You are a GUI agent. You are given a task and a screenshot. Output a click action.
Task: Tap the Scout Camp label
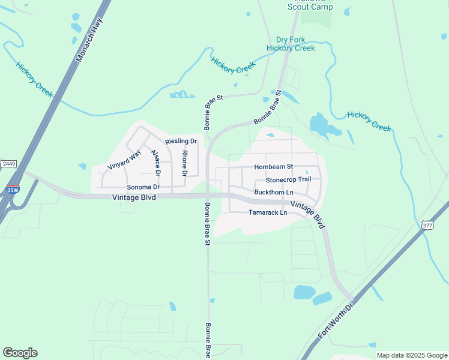tap(310, 7)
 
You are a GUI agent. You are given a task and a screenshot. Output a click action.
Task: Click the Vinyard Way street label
tap(124, 158)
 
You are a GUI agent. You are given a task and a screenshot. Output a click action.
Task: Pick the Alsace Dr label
tap(156, 162)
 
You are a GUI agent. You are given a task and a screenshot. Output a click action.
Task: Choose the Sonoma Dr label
tap(143, 187)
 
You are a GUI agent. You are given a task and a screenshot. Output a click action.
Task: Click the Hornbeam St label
tap(273, 167)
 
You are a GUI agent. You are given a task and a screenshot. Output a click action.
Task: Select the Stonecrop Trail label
tap(288, 179)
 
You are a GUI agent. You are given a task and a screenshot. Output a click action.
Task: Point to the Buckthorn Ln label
tap(274, 192)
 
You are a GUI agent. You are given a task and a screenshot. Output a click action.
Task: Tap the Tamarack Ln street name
tap(268, 212)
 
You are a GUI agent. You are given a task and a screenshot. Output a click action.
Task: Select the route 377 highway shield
tap(427, 225)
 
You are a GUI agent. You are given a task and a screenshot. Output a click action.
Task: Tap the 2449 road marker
tap(8, 164)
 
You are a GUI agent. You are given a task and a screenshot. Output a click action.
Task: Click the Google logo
tap(20, 353)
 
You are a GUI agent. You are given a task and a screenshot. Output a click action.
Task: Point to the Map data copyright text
tap(412, 355)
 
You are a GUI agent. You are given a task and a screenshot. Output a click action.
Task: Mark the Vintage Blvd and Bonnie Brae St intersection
tap(207, 195)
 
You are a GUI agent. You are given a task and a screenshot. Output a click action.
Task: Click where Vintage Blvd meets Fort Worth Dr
tap(353, 298)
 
